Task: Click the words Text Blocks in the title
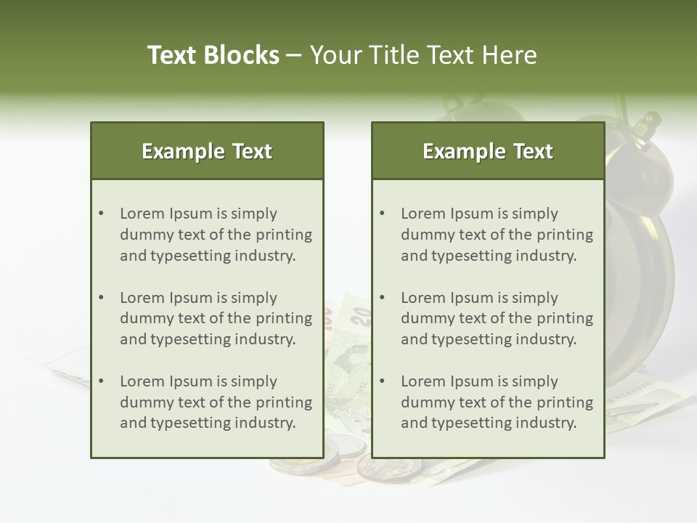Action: click(x=213, y=55)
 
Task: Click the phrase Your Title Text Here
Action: click(x=423, y=55)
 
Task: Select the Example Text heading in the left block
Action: click(x=207, y=151)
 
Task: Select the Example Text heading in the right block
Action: click(x=488, y=151)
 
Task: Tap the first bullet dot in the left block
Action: click(x=102, y=214)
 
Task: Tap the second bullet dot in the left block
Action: click(x=102, y=298)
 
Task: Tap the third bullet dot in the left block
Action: click(x=102, y=381)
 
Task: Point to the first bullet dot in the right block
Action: click(x=383, y=214)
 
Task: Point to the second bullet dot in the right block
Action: click(x=383, y=298)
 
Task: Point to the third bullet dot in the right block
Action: click(x=383, y=381)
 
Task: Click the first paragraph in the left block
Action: click(x=216, y=235)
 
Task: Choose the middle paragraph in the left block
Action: click(x=216, y=318)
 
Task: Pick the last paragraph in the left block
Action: click(x=216, y=402)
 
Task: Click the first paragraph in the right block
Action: click(x=497, y=235)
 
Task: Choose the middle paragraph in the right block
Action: click(x=497, y=318)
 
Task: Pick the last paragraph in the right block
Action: click(x=497, y=402)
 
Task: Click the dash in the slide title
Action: click(x=294, y=56)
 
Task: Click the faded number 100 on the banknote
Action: click(x=327, y=317)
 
